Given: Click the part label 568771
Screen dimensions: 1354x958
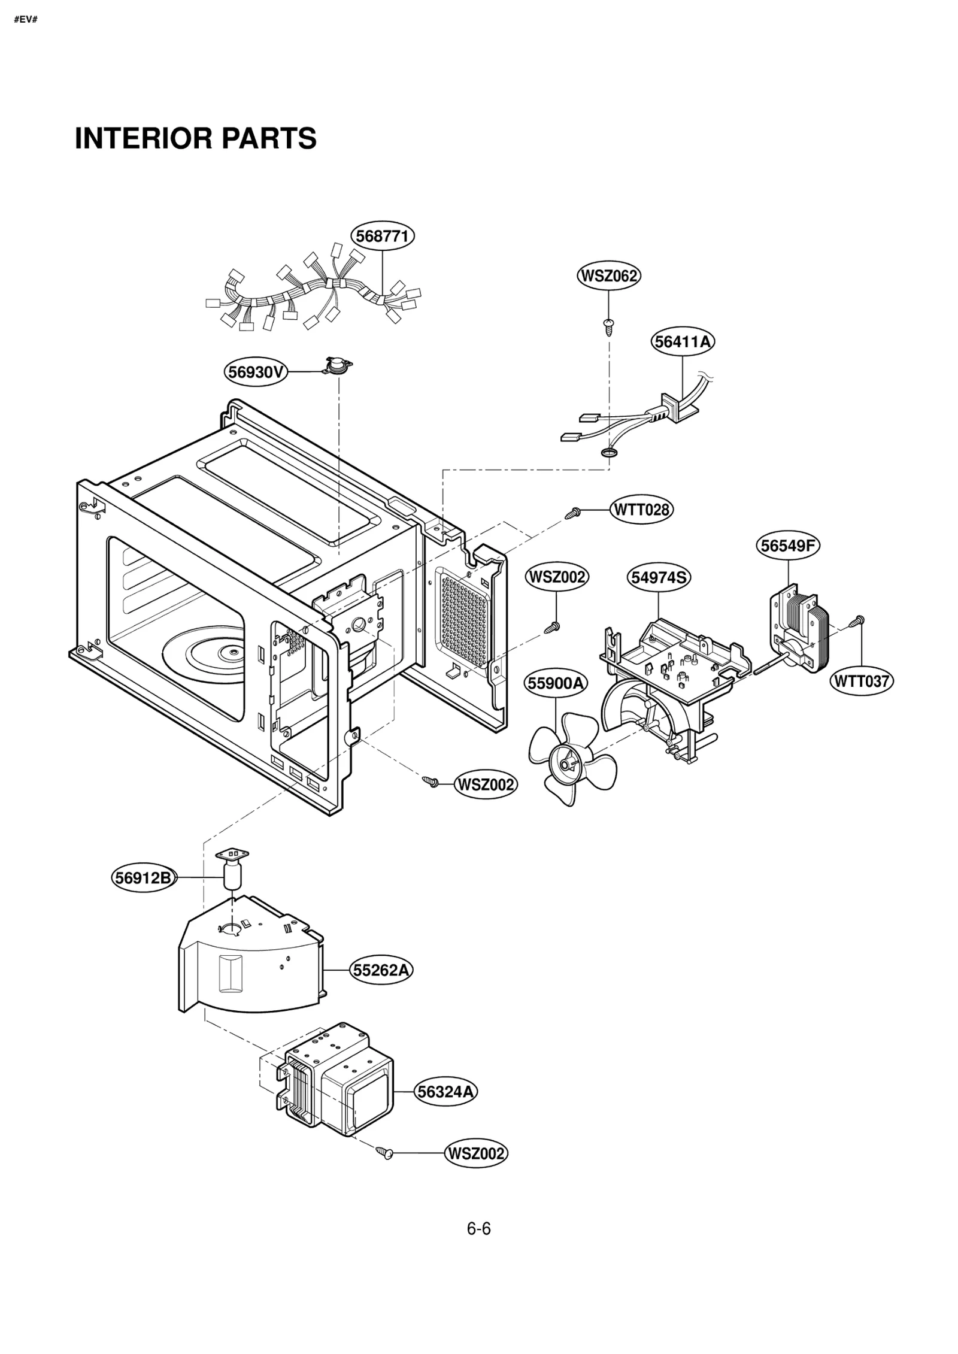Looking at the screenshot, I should pos(382,236).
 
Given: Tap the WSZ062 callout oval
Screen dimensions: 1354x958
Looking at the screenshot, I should pos(608,276).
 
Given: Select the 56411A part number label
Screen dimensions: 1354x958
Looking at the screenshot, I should pos(683,342).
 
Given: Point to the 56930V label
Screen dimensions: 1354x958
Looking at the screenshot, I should pos(256,372).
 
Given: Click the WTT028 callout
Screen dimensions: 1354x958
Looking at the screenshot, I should pos(641,510).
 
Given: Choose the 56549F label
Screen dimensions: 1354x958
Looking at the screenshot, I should pos(787,546).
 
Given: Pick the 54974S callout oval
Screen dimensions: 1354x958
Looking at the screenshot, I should pos(659,577).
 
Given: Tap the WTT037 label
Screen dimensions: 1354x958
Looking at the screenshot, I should pos(862,681).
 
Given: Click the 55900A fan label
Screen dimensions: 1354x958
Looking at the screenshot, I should pos(556,683).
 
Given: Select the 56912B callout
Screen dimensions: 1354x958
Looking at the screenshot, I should pos(144,878).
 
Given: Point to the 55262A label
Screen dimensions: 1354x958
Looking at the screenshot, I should pos(381,970).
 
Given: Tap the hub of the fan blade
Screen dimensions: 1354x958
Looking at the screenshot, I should pos(566,765).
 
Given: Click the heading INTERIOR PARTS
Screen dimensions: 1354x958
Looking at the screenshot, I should pos(195,138).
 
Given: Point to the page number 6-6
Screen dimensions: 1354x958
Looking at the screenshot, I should pos(478,1229).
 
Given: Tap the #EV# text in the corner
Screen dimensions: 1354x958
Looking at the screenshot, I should pos(25,20).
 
